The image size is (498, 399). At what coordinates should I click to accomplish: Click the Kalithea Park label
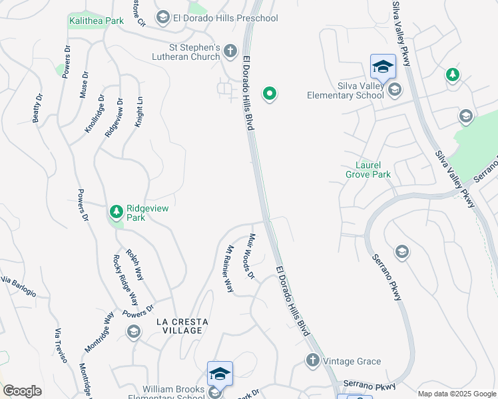point(97,21)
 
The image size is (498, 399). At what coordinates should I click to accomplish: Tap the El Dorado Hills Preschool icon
point(163,18)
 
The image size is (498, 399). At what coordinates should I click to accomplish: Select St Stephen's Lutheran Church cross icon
point(230,51)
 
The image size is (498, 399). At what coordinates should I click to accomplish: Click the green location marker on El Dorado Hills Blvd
point(270,94)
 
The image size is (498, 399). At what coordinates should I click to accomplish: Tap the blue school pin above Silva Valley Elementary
point(383,68)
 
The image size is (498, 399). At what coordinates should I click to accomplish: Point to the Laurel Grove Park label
point(368,170)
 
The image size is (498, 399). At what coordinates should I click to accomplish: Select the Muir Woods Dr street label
point(251,256)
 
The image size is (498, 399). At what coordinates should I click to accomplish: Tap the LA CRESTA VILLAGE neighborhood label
point(182,326)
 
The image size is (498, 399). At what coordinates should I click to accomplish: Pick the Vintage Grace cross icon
point(313,361)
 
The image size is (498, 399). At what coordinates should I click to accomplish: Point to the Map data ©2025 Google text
point(456,394)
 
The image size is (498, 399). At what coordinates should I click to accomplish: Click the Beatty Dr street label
point(37,108)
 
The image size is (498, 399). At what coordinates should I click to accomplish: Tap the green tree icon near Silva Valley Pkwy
point(453,74)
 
